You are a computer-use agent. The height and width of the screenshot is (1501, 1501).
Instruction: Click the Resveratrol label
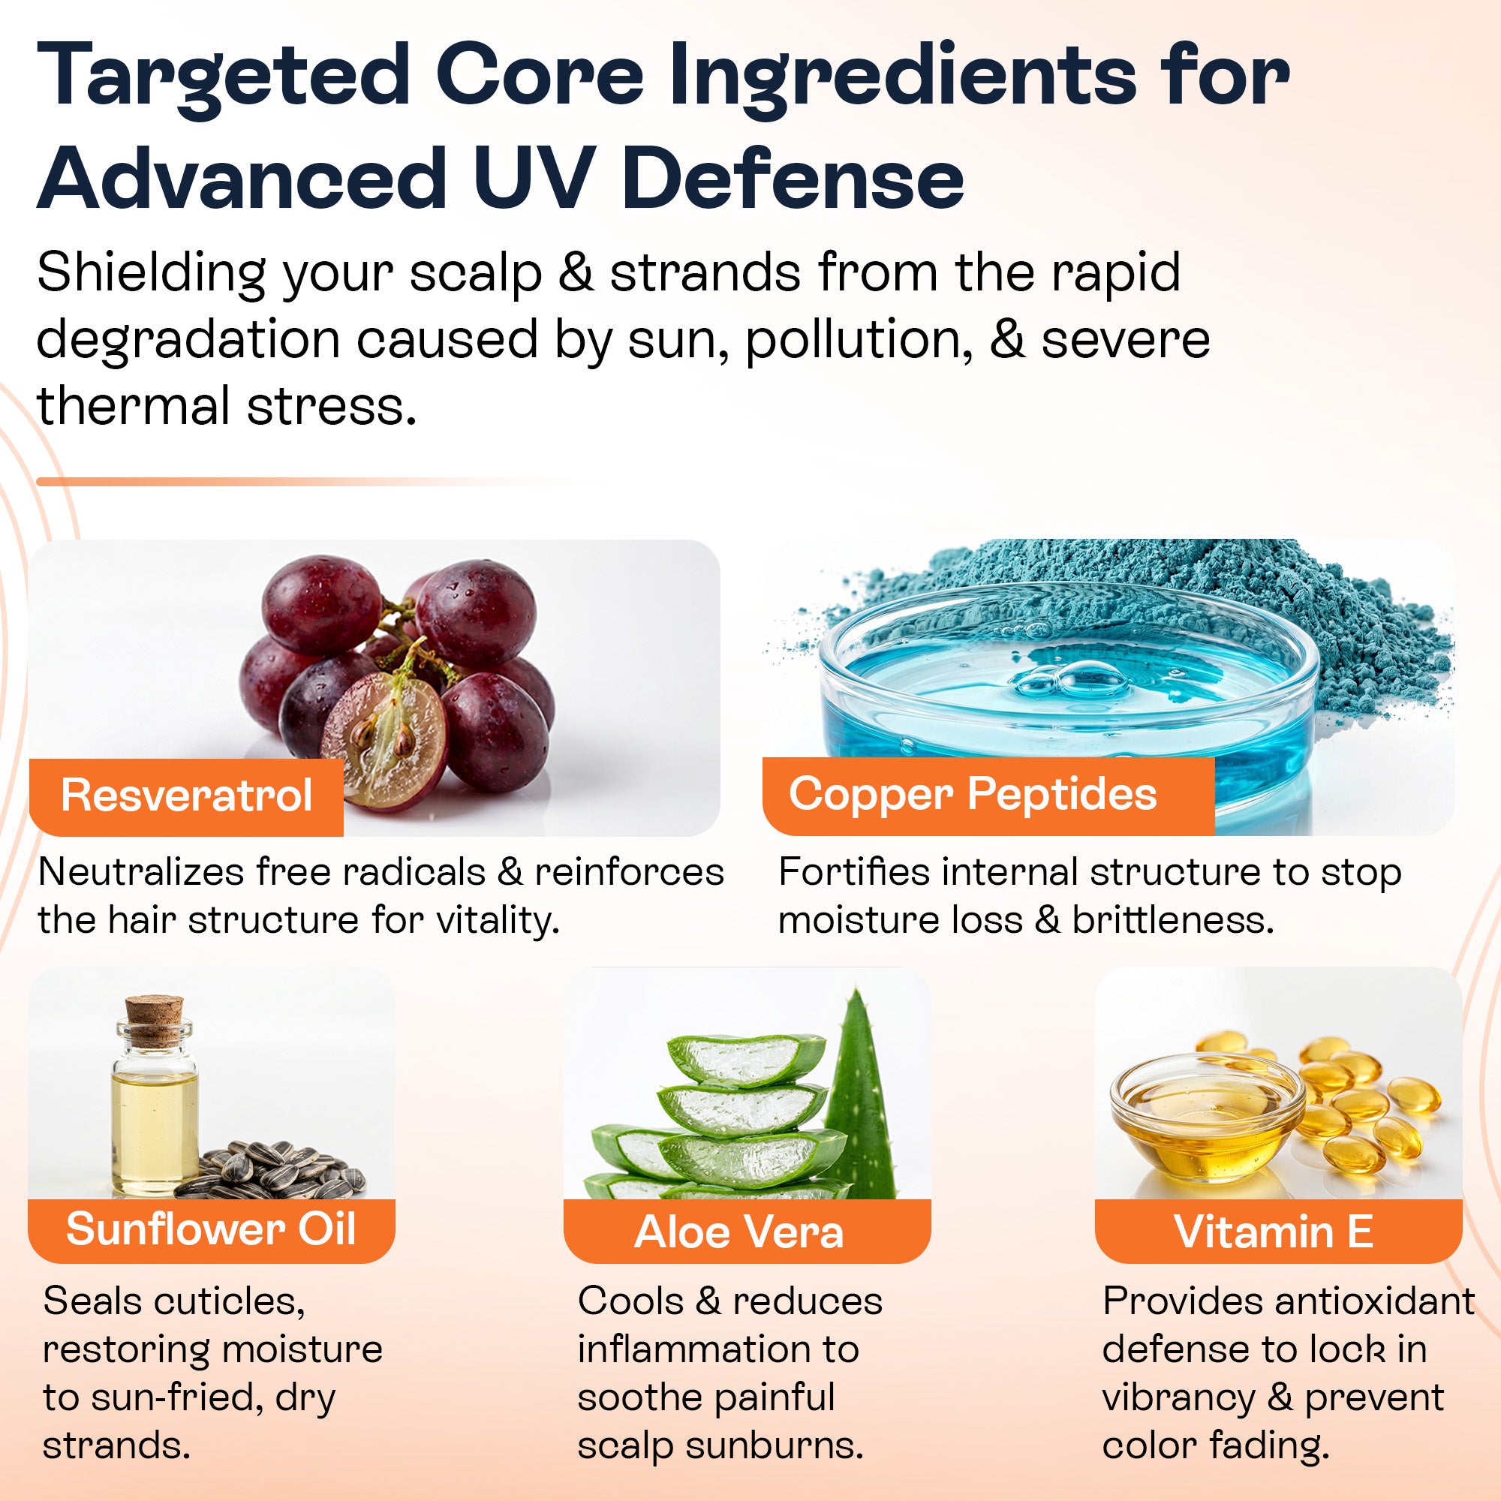click(x=186, y=796)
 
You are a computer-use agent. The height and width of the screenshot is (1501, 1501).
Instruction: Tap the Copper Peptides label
click(x=973, y=795)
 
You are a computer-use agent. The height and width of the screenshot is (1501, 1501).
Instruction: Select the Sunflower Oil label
click(x=212, y=1229)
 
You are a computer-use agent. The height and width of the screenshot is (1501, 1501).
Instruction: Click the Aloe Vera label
click(x=738, y=1232)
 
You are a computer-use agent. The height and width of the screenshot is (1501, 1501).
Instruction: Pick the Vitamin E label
click(x=1274, y=1232)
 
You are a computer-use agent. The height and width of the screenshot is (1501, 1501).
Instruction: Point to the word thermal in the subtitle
click(x=131, y=405)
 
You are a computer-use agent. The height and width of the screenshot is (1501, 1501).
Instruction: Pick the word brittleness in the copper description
click(x=1173, y=920)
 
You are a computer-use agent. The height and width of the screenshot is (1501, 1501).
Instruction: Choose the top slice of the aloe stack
click(x=746, y=1058)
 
